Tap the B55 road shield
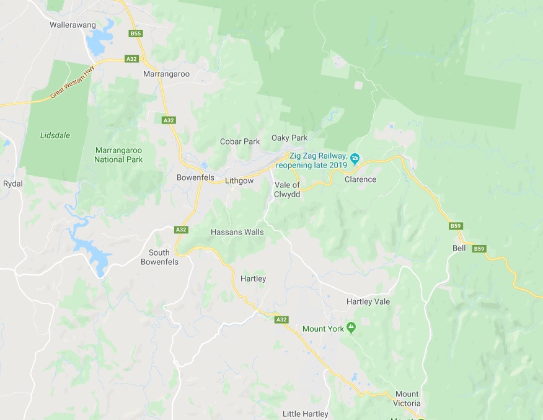point(136,34)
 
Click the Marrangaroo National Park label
point(118,155)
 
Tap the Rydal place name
point(12,184)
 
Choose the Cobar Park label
point(240,141)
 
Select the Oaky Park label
point(289,137)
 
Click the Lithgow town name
point(239,181)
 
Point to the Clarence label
point(360,179)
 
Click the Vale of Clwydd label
point(287,190)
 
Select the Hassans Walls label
point(237,232)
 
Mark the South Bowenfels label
point(164,257)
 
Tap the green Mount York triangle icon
point(351,328)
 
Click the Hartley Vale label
point(368,302)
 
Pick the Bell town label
point(459,248)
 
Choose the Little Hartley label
point(306,414)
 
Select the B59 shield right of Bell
point(479,249)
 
